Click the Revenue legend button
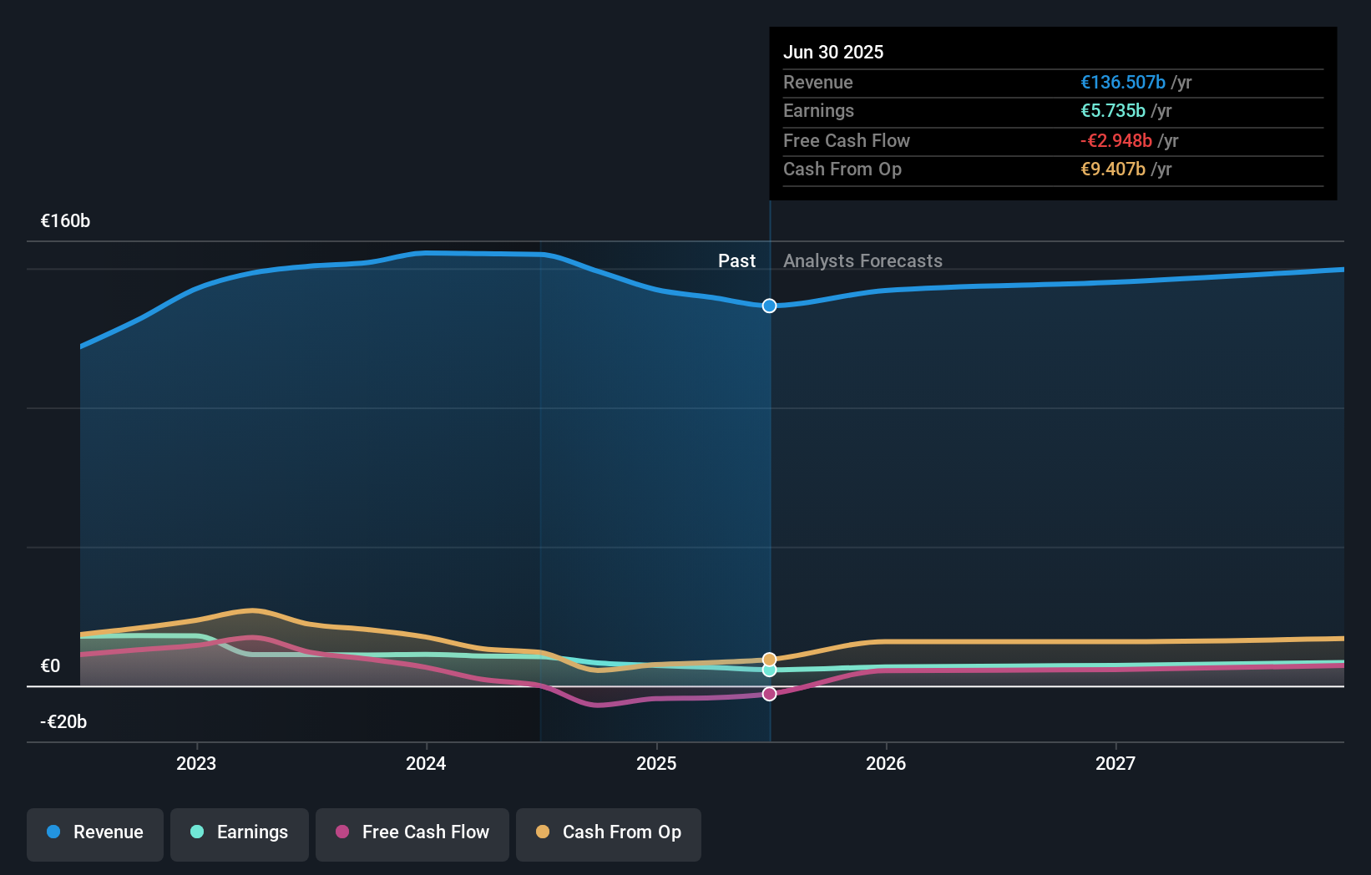[x=95, y=832]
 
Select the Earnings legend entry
[x=240, y=832]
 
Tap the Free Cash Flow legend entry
[x=412, y=832]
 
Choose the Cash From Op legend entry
[x=609, y=832]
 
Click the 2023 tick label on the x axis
[x=196, y=763]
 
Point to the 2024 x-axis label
[x=426, y=763]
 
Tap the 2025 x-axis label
[x=656, y=763]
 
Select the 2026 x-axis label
[x=886, y=763]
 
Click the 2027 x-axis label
[x=1116, y=763]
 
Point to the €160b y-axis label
[x=65, y=221]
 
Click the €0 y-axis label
[x=50, y=666]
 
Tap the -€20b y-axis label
[x=63, y=722]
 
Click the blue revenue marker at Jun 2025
[x=769, y=306]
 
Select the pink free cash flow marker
[x=769, y=694]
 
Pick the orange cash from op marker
[x=769, y=660]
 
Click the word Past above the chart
[x=736, y=261]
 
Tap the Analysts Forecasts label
[x=863, y=261]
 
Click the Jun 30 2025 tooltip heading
[x=832, y=52]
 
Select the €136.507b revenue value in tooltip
[x=1122, y=82]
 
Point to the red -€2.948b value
[x=1116, y=140]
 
